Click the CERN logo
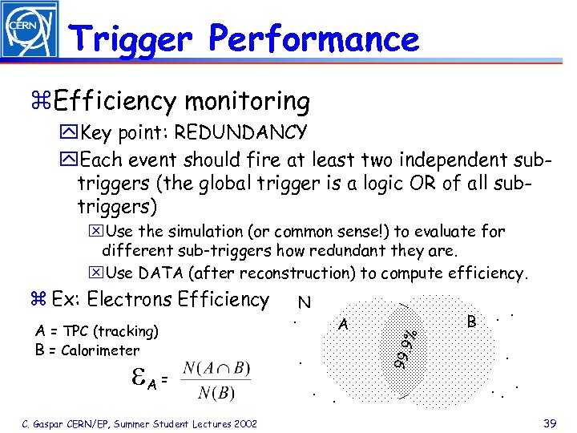coord(30,30)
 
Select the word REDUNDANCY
coord(241,132)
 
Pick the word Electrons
coord(130,300)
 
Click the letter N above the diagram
coord(304,302)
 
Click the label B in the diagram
coord(472,322)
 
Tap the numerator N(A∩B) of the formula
coord(216,369)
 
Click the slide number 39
coord(549,423)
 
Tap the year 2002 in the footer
coord(241,423)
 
